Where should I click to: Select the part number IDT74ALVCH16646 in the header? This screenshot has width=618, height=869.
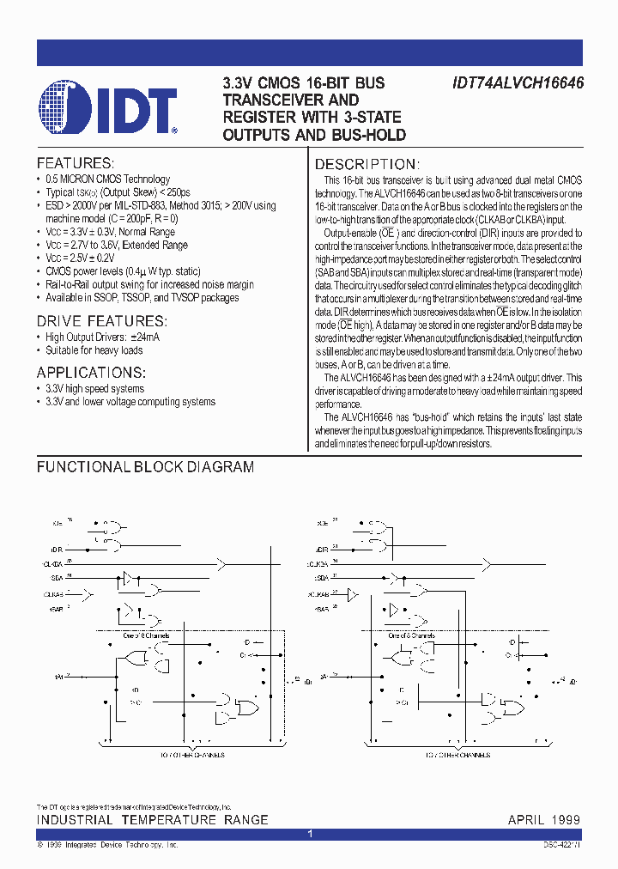518,83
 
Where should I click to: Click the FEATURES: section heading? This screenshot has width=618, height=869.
75,162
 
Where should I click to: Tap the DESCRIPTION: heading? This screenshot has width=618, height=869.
366,164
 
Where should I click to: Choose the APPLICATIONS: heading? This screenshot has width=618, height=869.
91,372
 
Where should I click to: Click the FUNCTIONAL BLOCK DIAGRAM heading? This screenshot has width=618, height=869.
145,467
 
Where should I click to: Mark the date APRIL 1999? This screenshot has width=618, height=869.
543,820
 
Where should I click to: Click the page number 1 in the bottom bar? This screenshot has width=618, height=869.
309,834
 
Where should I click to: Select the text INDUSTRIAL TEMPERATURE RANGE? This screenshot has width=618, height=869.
152,820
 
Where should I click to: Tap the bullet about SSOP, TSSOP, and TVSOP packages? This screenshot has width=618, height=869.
142,297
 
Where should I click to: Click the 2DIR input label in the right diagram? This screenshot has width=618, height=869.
322,549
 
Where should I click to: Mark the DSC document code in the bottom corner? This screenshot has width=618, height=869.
561,846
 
